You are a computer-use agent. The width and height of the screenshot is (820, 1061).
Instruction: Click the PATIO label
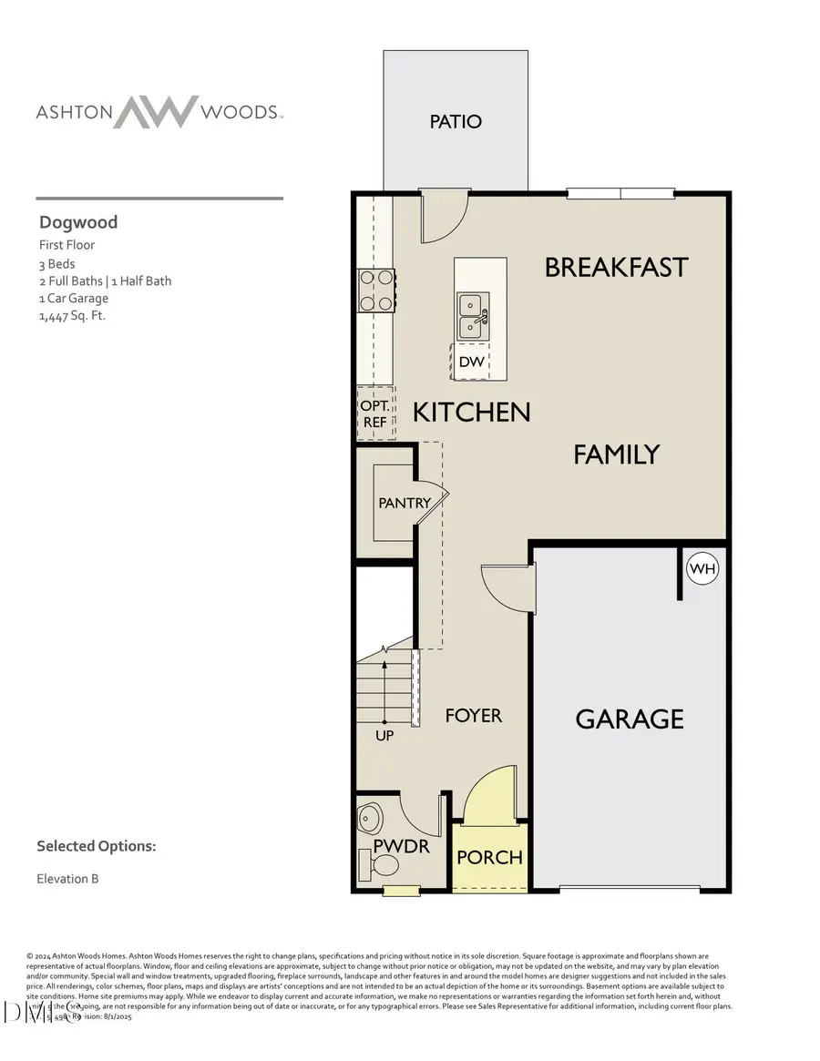[x=456, y=121]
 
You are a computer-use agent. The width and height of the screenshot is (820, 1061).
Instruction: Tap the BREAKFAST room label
[x=616, y=267]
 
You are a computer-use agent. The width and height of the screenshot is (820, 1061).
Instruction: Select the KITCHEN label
[x=471, y=412]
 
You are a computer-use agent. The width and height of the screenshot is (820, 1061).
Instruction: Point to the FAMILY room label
[x=616, y=454]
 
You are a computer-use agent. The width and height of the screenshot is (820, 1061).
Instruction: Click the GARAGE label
[x=630, y=719]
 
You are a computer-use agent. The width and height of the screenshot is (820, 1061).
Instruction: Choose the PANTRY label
[x=404, y=503]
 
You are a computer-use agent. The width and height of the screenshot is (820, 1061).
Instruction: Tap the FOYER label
[x=473, y=716]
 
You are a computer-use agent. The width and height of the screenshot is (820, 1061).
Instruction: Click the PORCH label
[x=490, y=857]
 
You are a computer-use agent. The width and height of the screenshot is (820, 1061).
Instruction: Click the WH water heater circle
[x=702, y=569]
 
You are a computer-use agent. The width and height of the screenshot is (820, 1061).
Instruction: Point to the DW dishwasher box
[x=471, y=362]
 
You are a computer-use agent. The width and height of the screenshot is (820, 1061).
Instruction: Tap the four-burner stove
[x=375, y=291]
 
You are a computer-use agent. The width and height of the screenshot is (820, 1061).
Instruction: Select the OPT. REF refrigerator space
[x=374, y=414]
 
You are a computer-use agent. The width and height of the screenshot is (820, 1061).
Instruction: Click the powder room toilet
[x=386, y=864]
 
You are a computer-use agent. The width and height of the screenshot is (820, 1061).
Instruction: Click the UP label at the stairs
[x=384, y=735]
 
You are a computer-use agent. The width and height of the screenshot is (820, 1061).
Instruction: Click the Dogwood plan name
[x=78, y=222]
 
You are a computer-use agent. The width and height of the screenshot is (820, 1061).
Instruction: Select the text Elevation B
[x=67, y=879]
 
